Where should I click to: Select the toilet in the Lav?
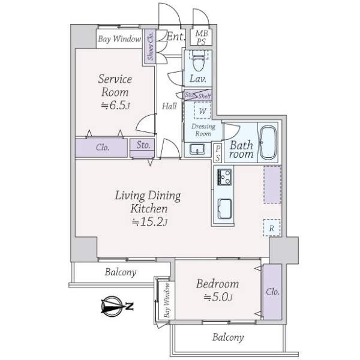tap(199, 60)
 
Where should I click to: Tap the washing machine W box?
tap(203, 111)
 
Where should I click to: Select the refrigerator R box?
tap(271, 227)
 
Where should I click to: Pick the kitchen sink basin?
tap(225, 210)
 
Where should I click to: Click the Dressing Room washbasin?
tap(197, 149)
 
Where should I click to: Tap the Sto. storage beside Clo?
tap(143, 146)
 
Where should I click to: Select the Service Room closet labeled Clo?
tap(102, 147)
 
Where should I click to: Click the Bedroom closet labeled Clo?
tap(272, 292)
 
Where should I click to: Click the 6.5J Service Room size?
tap(114, 105)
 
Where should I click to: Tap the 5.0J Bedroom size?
tap(217, 297)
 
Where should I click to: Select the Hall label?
tap(169, 106)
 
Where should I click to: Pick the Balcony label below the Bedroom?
tap(228, 337)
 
